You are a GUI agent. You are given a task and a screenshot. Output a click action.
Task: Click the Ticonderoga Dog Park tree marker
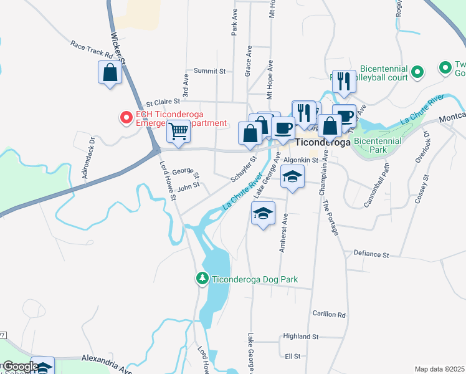point(202,278)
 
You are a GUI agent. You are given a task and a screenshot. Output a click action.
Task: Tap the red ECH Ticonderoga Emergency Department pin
point(126,117)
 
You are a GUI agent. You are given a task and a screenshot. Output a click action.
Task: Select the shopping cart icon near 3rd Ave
point(179,132)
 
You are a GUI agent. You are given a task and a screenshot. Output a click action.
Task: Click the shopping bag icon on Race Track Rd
point(110,72)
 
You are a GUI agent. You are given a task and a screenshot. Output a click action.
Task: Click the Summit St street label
point(209,71)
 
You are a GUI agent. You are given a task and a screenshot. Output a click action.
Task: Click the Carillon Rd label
point(329,315)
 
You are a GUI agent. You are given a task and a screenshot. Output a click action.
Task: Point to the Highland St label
point(300,336)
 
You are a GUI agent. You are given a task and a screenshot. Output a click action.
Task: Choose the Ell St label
point(292,356)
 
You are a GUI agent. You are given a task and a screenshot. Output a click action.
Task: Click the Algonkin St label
point(301,160)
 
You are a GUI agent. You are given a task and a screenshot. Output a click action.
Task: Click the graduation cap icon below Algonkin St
point(292,176)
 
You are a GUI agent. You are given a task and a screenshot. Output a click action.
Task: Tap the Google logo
point(21,367)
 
